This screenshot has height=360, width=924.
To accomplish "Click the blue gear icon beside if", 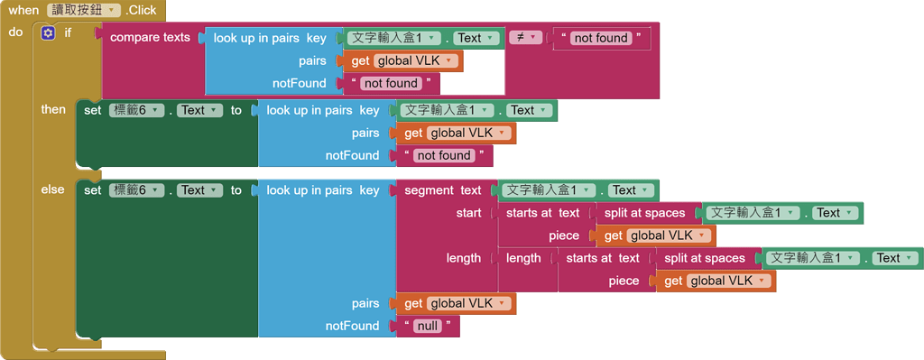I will tap(49, 32).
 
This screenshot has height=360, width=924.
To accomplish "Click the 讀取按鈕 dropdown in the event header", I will tap(84, 10).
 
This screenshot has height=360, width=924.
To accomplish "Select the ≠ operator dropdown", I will tap(525, 37).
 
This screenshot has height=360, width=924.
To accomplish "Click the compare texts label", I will tap(150, 38).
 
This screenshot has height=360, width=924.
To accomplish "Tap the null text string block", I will tap(427, 326).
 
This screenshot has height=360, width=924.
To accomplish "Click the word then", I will tap(53, 109).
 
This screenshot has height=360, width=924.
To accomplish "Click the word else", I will tap(53, 189).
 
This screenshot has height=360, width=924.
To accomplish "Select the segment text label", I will tap(442, 190).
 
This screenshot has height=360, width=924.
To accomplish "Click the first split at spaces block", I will tap(644, 213).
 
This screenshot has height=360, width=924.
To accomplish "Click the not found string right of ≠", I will tap(600, 38).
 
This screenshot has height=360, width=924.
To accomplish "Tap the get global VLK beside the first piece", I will tap(655, 235).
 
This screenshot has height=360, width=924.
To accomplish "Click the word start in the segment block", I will tap(468, 213).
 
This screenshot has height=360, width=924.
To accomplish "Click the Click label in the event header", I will tap(141, 10).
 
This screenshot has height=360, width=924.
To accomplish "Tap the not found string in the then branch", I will tap(443, 155).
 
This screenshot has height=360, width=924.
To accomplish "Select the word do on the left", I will tap(15, 32).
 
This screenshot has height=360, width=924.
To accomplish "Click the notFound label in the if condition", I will tap(300, 83).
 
